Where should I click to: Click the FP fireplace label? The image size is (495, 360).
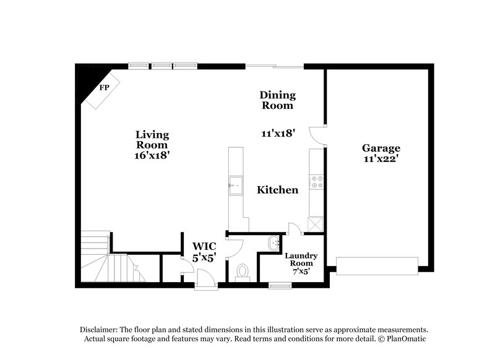(x=105, y=87)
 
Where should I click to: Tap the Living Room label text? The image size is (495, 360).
(x=152, y=139)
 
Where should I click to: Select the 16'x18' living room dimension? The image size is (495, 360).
(x=152, y=156)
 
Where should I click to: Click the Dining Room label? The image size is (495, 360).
(x=277, y=100)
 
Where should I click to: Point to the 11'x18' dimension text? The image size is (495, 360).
(x=277, y=132)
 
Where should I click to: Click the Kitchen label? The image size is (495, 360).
(x=278, y=190)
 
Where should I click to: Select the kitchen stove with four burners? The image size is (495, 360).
(x=317, y=181)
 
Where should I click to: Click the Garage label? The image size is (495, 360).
(x=381, y=148)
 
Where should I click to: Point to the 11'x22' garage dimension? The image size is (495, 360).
(x=381, y=159)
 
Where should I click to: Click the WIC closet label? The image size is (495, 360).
(x=203, y=246)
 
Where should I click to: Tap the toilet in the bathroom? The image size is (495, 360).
(x=243, y=271)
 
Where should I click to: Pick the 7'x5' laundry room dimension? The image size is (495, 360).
(x=301, y=271)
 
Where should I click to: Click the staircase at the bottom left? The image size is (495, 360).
(x=100, y=257)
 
